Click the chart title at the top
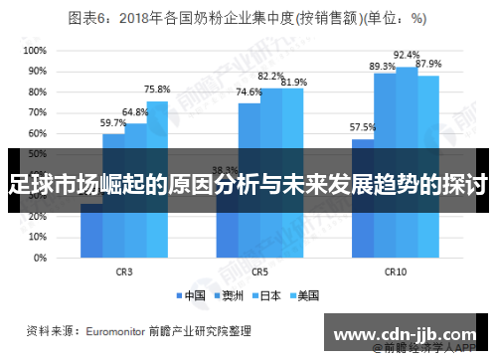(x=248, y=17)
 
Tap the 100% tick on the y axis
(x=35, y=50)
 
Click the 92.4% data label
(x=407, y=56)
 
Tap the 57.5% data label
(x=362, y=127)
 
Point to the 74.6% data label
(x=248, y=91)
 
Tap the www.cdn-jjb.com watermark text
(x=408, y=330)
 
